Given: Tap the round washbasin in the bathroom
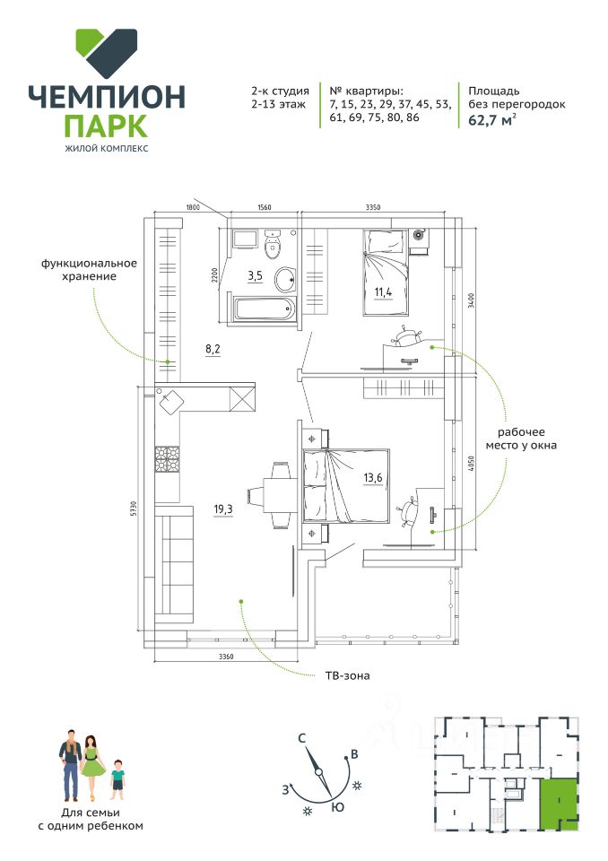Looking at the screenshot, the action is point(285,280).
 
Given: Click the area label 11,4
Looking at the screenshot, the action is point(384,291).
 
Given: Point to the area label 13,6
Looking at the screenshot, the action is point(372,478).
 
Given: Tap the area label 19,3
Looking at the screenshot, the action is point(223,509).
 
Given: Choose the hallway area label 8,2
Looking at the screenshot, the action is point(213,349).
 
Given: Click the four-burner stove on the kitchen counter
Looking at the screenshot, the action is point(167,459).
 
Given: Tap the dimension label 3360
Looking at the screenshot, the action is point(226,657).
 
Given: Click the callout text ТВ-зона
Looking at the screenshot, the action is point(348,675).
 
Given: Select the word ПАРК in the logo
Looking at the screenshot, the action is point(106,126).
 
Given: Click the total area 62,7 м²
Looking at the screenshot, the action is point(492,119).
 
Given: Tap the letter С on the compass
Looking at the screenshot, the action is point(301,738).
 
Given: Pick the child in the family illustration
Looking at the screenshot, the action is point(117,782).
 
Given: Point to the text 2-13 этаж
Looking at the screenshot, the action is point(279,104).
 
